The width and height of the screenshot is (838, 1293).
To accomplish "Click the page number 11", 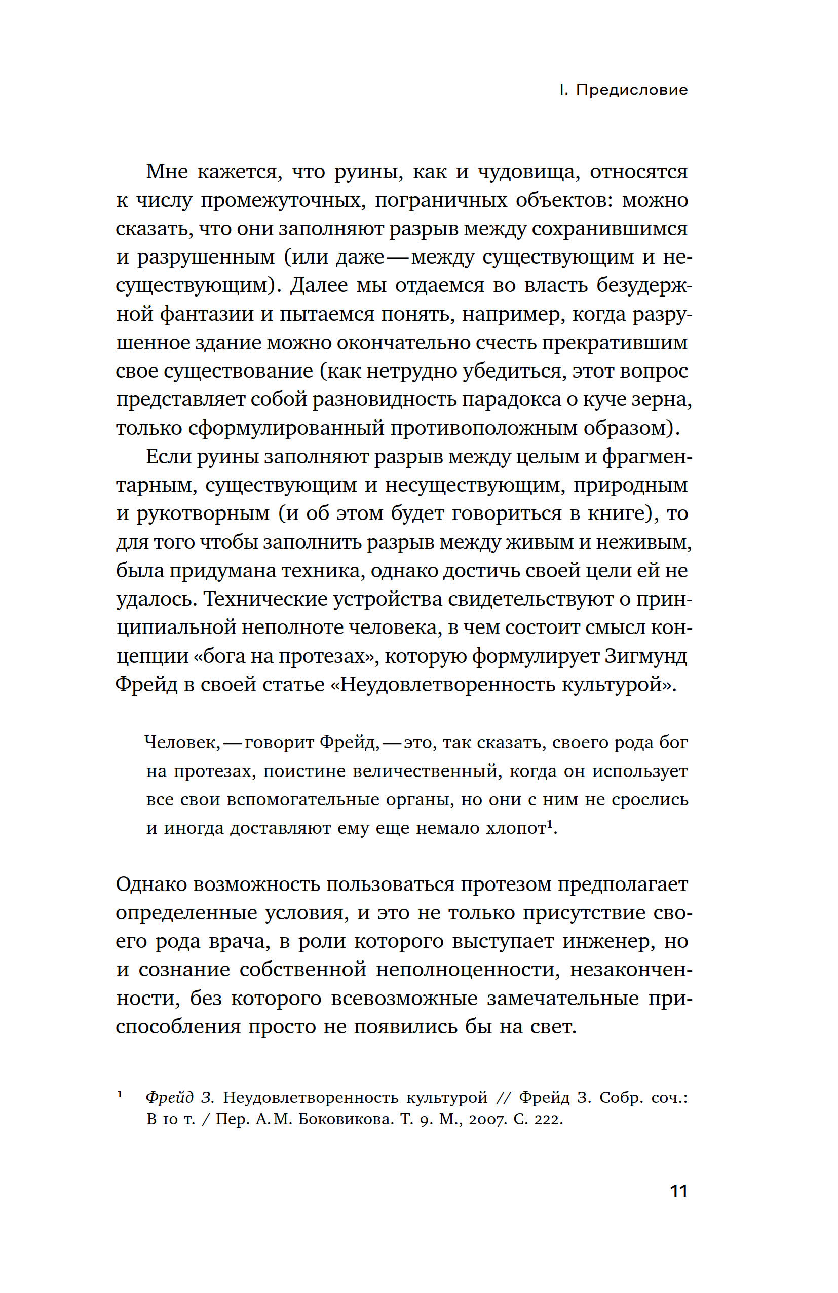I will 679,1190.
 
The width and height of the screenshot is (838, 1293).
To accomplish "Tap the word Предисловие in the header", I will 632,90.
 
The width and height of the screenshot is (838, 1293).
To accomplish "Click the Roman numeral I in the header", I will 563,90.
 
